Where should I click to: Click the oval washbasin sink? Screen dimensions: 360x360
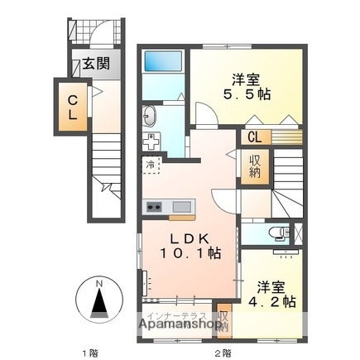(x=151, y=114)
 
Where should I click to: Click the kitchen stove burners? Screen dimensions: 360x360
(x=153, y=206)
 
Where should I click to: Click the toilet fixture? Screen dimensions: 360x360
(x=281, y=232)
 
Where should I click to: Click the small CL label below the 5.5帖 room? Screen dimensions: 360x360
(x=253, y=137)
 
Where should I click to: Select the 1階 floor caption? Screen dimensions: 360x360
(x=90, y=353)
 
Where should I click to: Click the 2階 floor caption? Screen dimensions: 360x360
(x=222, y=353)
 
